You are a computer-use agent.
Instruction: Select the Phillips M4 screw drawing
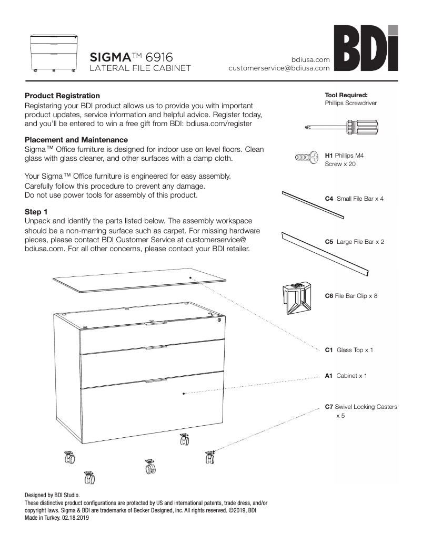click(x=308, y=157)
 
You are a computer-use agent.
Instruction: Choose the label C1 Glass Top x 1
click(x=349, y=350)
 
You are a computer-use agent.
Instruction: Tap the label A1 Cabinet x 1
click(x=346, y=376)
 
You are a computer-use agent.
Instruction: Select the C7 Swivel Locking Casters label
click(x=360, y=407)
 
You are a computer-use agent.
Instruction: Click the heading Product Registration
click(x=62, y=96)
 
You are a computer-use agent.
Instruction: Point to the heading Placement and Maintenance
click(x=76, y=140)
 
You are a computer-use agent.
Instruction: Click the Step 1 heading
click(x=36, y=211)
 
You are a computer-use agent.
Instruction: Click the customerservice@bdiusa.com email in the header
click(x=279, y=68)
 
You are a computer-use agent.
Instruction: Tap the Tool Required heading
click(x=346, y=95)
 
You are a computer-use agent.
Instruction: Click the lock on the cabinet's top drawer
click(x=219, y=320)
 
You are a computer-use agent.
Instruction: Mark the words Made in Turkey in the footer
click(x=42, y=518)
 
